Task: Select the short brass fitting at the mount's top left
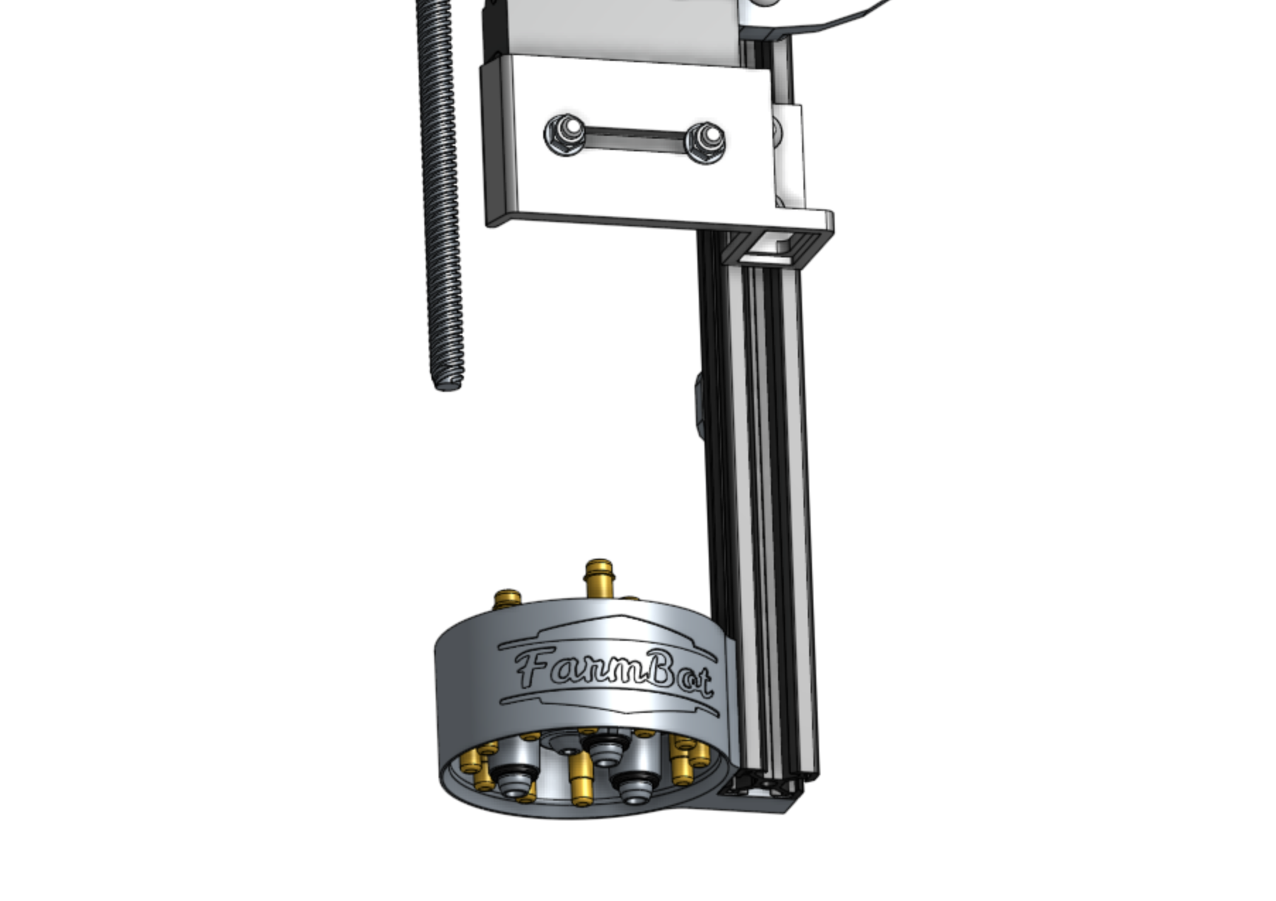(x=507, y=601)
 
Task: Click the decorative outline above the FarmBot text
(x=608, y=625)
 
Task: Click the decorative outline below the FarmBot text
(x=608, y=704)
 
